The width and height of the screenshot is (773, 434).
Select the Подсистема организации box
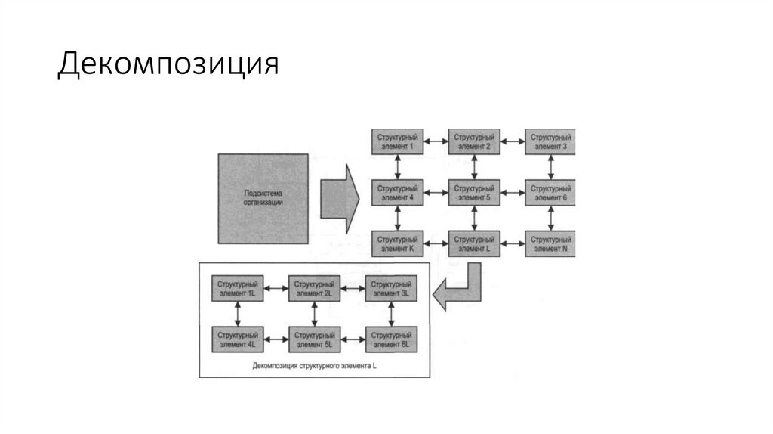[263, 198]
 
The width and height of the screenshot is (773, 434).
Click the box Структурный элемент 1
[397, 141]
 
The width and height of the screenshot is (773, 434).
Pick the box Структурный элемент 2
[473, 141]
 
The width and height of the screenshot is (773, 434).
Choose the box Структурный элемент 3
[550, 141]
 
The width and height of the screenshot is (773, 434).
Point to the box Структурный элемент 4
[397, 193]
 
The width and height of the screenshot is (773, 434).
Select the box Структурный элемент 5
[473, 193]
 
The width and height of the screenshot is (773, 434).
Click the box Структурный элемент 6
[550, 193]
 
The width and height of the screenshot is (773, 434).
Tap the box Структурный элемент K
[397, 243]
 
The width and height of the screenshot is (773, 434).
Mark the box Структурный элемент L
[473, 243]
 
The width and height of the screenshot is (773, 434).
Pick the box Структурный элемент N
[550, 243]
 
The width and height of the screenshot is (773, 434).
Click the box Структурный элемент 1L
[237, 287]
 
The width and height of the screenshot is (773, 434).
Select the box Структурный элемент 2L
[314, 287]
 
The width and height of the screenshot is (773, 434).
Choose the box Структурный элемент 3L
[390, 287]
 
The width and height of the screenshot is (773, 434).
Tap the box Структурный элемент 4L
[237, 338]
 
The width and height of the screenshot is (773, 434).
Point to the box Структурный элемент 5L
[314, 338]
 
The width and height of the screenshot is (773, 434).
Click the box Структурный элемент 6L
[390, 338]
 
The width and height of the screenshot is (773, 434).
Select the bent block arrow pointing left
[460, 288]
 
